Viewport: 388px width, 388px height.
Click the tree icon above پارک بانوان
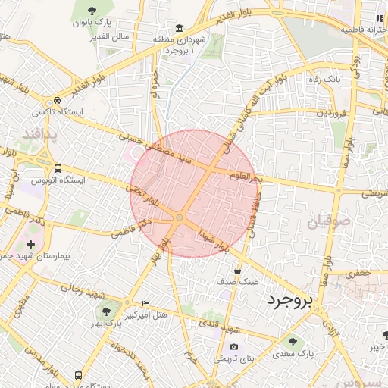point(92,11)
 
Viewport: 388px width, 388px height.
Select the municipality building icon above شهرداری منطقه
point(178,28)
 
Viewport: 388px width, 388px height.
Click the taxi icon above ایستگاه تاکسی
point(58,100)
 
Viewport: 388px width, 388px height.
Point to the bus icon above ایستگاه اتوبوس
point(58,168)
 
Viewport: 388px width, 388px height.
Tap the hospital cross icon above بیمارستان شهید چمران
point(30,245)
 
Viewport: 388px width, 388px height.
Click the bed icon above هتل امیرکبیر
point(145,303)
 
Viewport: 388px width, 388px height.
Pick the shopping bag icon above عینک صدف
point(237,270)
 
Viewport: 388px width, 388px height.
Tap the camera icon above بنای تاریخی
point(233,346)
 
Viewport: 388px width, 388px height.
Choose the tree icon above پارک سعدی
point(289,341)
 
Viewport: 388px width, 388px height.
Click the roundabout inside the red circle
point(180,218)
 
